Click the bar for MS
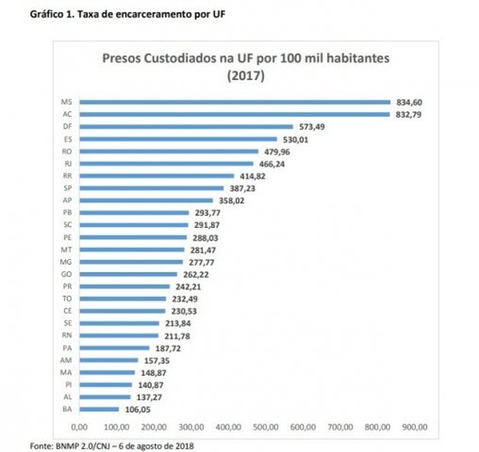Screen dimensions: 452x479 235,102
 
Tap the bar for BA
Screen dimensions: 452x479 99,409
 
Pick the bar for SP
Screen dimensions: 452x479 152,188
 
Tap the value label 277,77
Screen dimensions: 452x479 198,262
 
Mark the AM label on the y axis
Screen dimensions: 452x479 66,360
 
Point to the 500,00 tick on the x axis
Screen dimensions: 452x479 266,427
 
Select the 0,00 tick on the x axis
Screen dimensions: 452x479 79,427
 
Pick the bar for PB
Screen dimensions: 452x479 134,213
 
